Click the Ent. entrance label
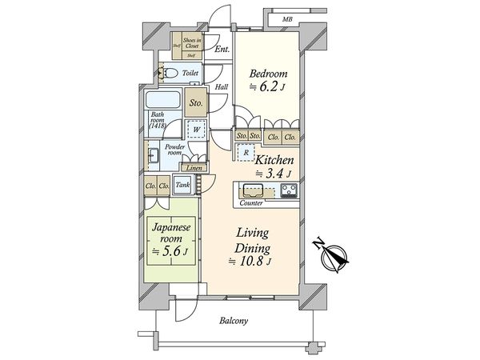[222, 50]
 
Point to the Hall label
[222, 88]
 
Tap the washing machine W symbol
[195, 128]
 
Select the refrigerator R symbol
[249, 153]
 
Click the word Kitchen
[277, 160]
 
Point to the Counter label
[251, 203]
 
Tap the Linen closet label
[193, 168]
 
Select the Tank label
[182, 186]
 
